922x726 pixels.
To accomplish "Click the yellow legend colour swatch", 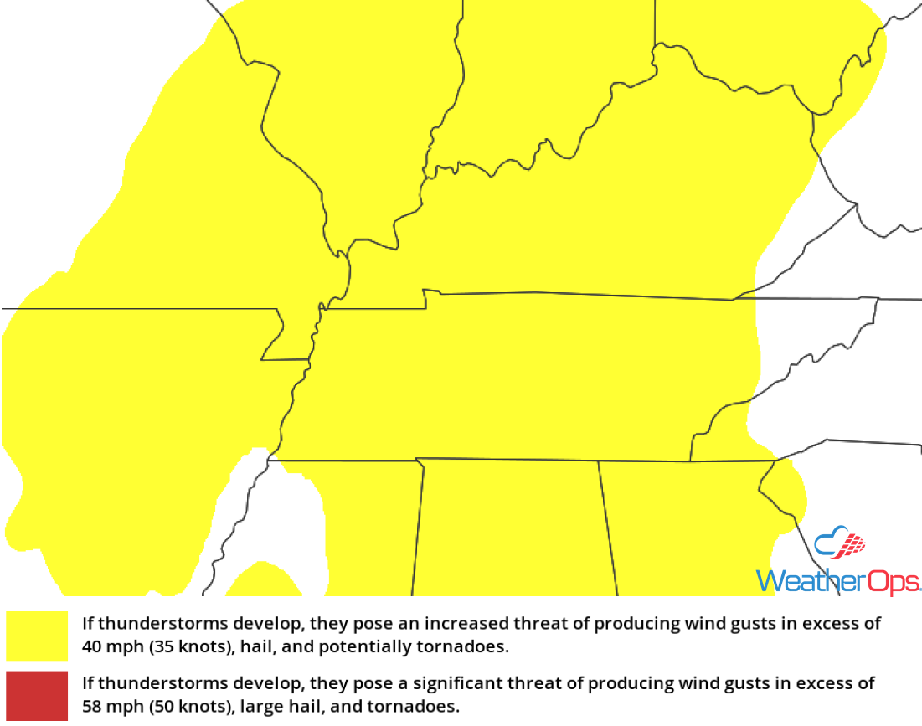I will coord(37,636).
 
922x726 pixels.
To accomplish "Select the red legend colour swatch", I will coord(37,695).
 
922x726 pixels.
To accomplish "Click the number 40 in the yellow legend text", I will coord(91,647).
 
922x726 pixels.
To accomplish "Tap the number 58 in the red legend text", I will coord(91,707).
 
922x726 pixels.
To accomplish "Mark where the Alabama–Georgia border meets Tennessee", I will coord(598,461).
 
